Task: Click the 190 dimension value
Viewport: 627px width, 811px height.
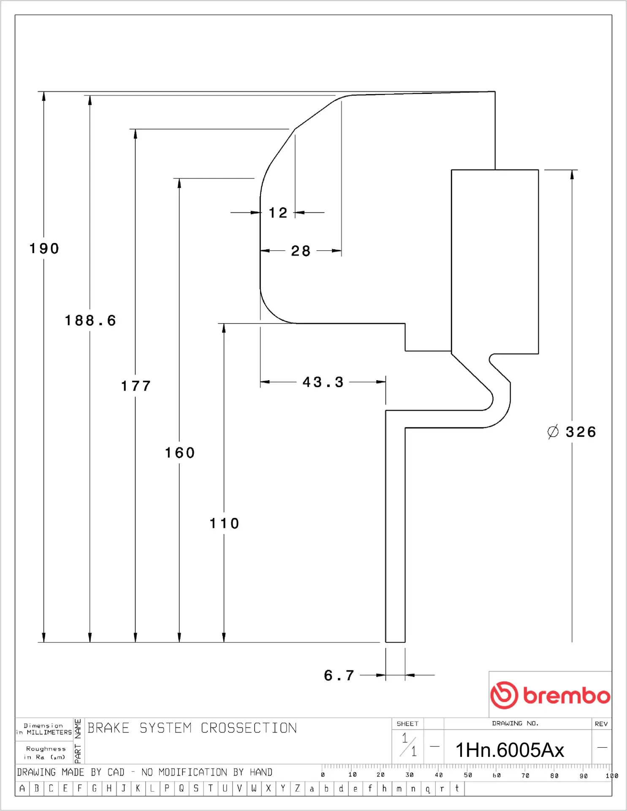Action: [x=44, y=248]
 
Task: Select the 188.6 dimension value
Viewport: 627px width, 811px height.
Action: [x=90, y=321]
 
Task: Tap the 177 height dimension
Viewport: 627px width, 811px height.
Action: [x=136, y=386]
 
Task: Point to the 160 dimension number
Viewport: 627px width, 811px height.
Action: [x=180, y=453]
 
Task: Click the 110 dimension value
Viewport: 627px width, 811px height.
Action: [x=225, y=523]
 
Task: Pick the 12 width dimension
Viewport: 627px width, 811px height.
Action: [x=278, y=212]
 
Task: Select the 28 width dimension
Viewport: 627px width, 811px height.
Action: [x=301, y=251]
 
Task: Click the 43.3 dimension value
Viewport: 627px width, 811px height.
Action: [x=323, y=382]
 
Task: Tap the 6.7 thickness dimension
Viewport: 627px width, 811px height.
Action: [x=339, y=675]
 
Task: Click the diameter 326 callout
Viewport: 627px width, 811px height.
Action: [x=572, y=432]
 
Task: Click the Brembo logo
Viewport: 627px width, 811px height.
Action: [x=550, y=695]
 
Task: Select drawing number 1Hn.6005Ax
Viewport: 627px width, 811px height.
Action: [x=510, y=750]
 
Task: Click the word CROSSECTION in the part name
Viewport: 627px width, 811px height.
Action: [x=249, y=728]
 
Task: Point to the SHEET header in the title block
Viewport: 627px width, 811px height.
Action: [x=407, y=724]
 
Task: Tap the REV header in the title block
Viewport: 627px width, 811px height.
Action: [x=601, y=724]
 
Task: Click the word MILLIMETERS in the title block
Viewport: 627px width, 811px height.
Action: [x=49, y=732]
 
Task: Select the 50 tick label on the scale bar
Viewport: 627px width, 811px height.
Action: [x=468, y=775]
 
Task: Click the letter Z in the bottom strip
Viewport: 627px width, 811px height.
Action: [x=297, y=788]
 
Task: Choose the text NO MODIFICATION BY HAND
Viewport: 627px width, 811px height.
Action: [x=207, y=772]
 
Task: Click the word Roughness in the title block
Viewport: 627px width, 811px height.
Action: [x=46, y=749]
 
